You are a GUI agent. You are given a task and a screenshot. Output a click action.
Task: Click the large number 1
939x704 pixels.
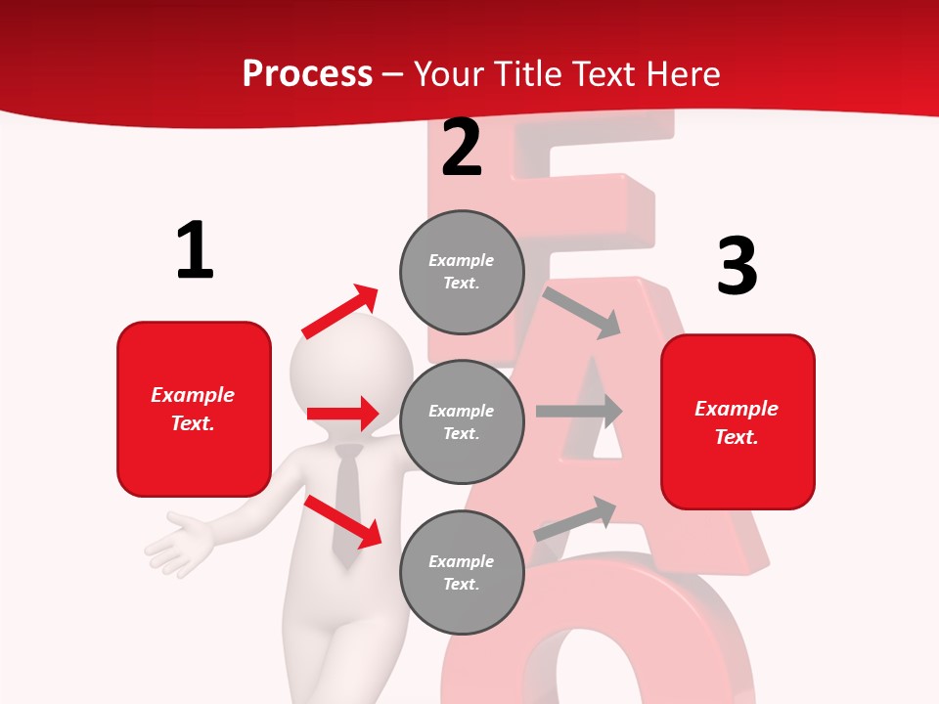pos(195,251)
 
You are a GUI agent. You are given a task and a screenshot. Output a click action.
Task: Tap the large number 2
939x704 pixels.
pos(462,148)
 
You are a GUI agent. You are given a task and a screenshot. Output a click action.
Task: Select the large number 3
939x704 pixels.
pos(737,267)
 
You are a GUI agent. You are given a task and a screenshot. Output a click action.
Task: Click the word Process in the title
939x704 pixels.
pos(307,73)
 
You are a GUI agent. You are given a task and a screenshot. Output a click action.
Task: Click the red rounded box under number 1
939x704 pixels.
pos(194,409)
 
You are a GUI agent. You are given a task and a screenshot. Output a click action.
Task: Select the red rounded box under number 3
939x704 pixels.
pos(738,421)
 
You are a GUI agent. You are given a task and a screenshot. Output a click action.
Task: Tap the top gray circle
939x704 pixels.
pos(462,271)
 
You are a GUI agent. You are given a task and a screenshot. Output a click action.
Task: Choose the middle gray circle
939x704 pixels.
pos(462,421)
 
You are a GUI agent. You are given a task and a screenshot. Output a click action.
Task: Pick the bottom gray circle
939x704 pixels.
pos(462,572)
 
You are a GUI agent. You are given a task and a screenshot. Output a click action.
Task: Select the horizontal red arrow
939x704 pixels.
pos(342,414)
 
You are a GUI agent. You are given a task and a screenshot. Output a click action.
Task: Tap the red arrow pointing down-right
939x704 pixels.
pos(342,521)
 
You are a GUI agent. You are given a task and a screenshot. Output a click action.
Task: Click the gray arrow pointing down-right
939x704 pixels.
pos(582,312)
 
